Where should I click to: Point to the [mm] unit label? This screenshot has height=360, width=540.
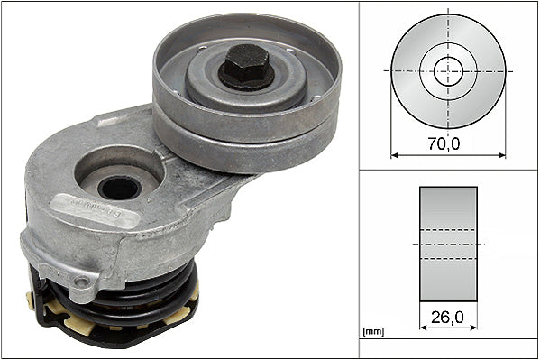373,332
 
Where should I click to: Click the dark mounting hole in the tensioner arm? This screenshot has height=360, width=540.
119,188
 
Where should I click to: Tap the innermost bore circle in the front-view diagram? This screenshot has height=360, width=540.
448,70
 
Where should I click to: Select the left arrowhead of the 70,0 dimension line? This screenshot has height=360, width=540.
394,154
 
